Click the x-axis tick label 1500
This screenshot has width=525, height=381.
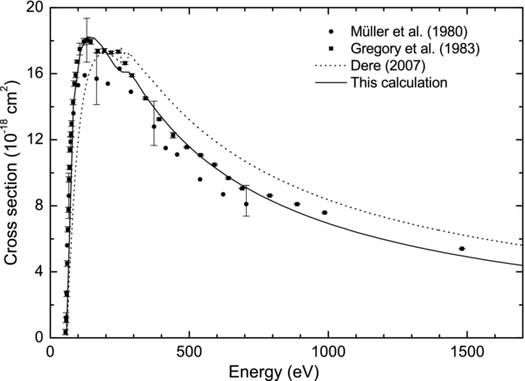click(x=469, y=352)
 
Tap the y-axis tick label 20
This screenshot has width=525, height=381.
click(x=31, y=8)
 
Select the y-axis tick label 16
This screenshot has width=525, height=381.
click(x=31, y=74)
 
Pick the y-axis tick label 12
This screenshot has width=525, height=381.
click(x=31, y=139)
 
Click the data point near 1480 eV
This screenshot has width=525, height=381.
click(x=462, y=249)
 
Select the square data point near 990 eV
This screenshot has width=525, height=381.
click(x=325, y=213)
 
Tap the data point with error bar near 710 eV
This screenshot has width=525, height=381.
click(x=247, y=204)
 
